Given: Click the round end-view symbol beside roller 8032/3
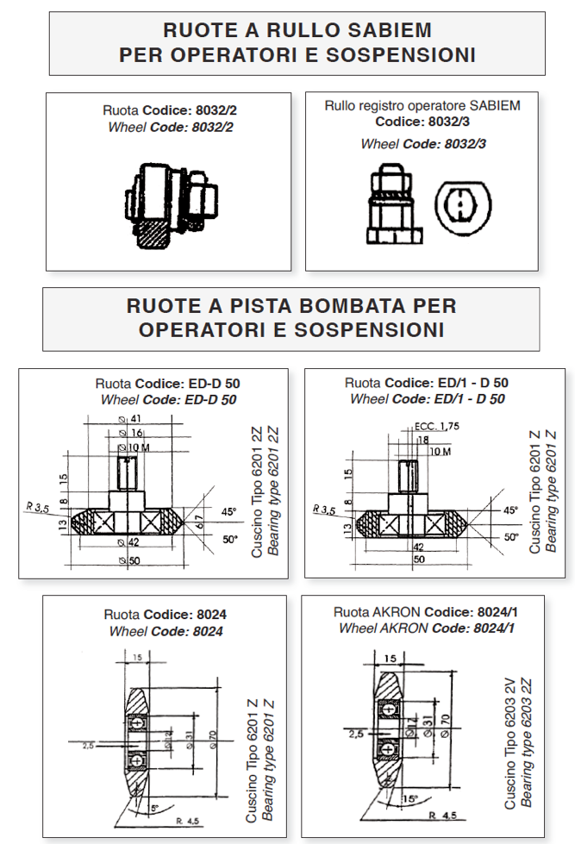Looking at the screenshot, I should (x=463, y=207).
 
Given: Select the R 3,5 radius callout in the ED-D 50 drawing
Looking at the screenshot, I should (x=38, y=507).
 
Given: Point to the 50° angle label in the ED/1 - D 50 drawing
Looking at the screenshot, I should (x=511, y=537).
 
